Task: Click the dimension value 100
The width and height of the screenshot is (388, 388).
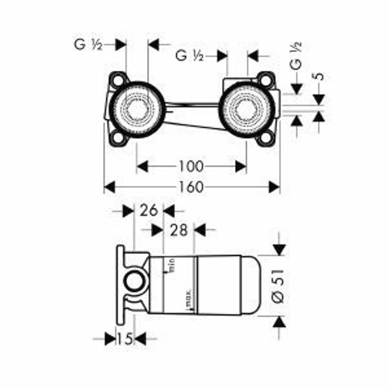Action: (191, 167)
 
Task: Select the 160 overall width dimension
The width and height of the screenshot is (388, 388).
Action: (192, 187)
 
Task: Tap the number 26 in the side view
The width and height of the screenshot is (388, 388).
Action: (149, 210)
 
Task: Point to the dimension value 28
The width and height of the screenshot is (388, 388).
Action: (178, 230)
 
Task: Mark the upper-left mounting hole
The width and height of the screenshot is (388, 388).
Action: (119, 81)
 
